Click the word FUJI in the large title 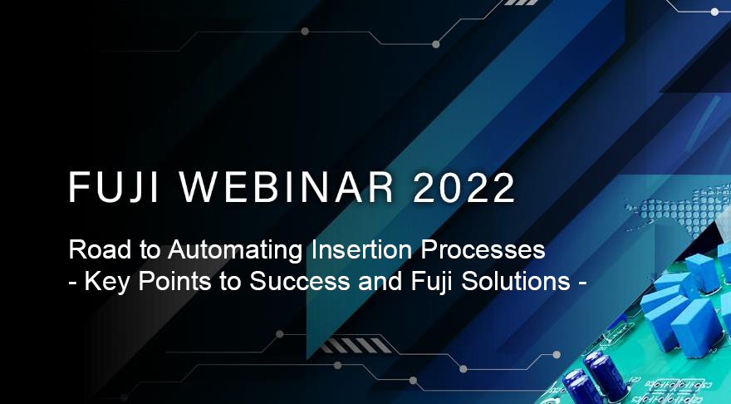click(x=115, y=187)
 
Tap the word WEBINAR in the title click(x=287, y=187)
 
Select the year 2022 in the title click(x=464, y=187)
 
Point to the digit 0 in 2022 click(x=450, y=187)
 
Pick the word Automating click(x=236, y=250)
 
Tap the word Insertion click(x=362, y=249)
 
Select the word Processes click(x=483, y=249)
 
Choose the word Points click(x=174, y=281)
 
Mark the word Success click(x=299, y=281)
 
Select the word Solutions click(x=516, y=281)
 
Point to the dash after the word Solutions click(x=581, y=283)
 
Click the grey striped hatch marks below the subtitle click(x=356, y=346)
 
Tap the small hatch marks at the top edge click(x=522, y=2)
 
